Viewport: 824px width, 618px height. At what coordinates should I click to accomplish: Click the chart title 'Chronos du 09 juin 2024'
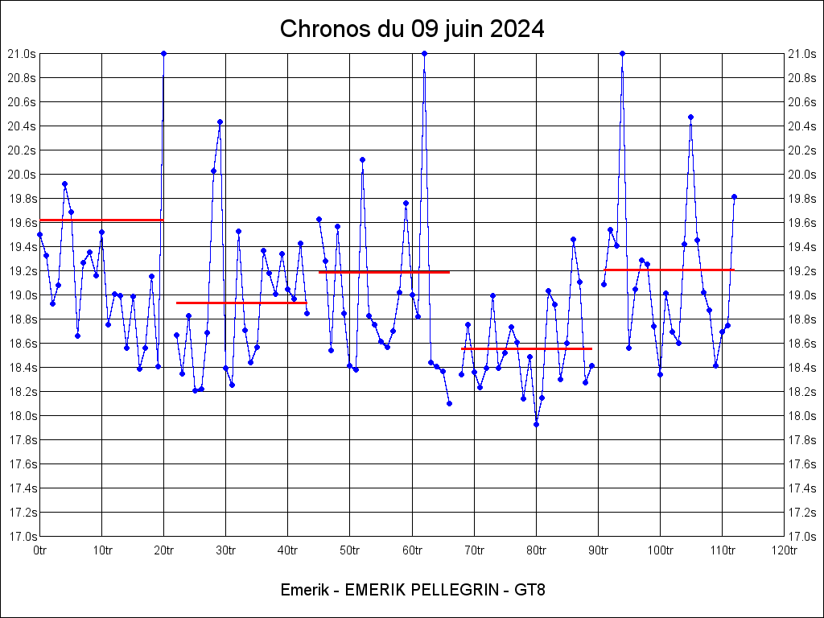pyautogui.click(x=412, y=30)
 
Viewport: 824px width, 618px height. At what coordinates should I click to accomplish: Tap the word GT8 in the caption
pyautogui.click(x=530, y=590)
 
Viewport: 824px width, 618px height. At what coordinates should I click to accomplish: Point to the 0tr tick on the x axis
pyautogui.click(x=39, y=550)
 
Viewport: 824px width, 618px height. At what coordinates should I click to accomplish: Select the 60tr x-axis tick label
pyautogui.click(x=412, y=550)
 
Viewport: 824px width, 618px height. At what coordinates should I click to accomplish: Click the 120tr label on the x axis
pyautogui.click(x=784, y=550)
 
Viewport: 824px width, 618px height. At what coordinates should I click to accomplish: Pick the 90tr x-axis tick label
pyautogui.click(x=598, y=550)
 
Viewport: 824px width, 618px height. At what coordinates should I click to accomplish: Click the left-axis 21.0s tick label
pyautogui.click(x=21, y=54)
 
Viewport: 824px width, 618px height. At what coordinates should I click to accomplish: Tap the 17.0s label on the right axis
pyautogui.click(x=803, y=536)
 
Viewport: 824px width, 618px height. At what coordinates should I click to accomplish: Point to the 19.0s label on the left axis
pyautogui.click(x=21, y=295)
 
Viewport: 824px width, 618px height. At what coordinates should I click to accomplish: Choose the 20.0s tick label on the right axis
pyautogui.click(x=803, y=175)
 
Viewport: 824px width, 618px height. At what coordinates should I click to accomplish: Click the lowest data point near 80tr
pyautogui.click(x=536, y=424)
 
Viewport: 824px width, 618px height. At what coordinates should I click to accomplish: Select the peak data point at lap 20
pyautogui.click(x=163, y=53)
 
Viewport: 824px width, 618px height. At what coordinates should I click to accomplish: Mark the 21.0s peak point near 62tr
pyautogui.click(x=424, y=53)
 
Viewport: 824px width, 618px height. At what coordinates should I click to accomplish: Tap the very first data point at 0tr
pyautogui.click(x=39, y=234)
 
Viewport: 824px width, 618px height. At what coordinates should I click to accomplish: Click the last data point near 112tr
pyautogui.click(x=734, y=196)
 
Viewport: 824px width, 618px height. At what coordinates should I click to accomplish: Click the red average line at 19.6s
pyautogui.click(x=101, y=220)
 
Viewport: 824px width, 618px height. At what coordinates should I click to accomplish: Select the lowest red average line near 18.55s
pyautogui.click(x=526, y=348)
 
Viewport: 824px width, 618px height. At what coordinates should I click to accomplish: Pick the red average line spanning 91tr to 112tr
pyautogui.click(x=669, y=270)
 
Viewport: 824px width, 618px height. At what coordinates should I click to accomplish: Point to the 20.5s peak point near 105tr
pyautogui.click(x=690, y=117)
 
